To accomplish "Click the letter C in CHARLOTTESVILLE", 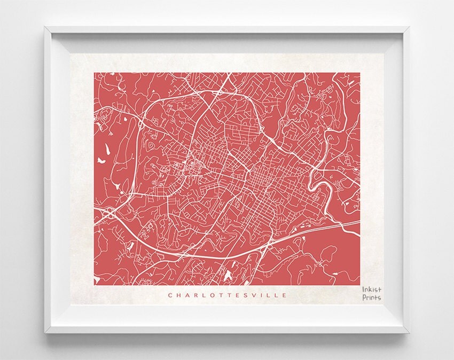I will click(170, 295).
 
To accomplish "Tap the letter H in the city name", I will click(178, 295).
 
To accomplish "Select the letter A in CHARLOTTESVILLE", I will click(186, 295).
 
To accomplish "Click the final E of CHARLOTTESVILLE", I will click(284, 295).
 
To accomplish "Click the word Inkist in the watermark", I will click(372, 289).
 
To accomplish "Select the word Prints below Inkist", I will click(372, 298).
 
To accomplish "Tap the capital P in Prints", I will click(364, 298).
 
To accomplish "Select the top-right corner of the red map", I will click(359, 73).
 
